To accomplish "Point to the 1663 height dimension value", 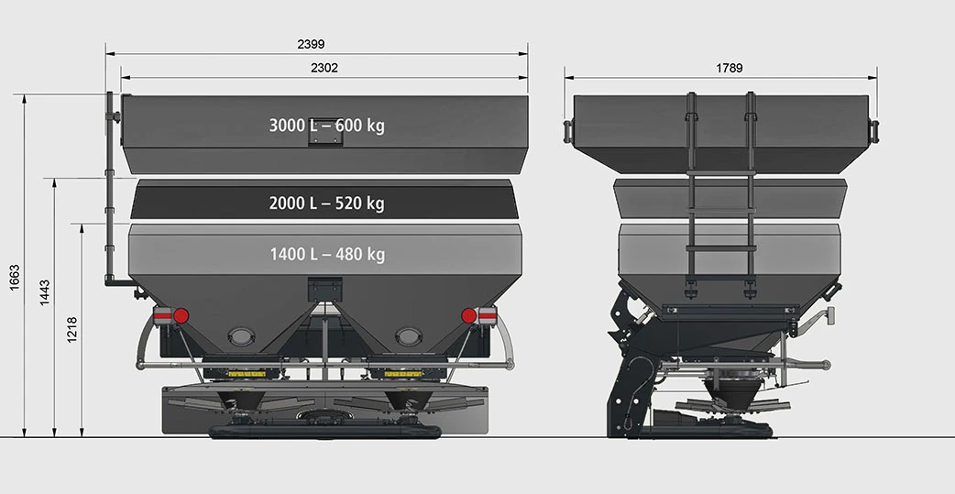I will click(14, 277).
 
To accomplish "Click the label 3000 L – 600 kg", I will click(326, 126).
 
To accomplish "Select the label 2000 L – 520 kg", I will click(326, 203).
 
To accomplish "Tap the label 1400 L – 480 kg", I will click(326, 254).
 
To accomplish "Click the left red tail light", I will click(181, 315).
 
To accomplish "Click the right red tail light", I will click(469, 315).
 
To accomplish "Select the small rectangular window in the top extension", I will click(325, 134).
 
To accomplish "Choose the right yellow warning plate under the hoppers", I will click(408, 374).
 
